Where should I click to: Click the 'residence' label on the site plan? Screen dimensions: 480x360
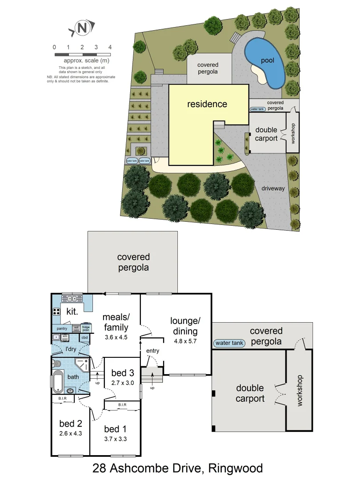pyautogui.click(x=207, y=104)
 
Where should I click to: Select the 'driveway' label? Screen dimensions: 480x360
pyautogui.click(x=273, y=188)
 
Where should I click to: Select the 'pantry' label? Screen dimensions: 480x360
pyautogui.click(x=62, y=328)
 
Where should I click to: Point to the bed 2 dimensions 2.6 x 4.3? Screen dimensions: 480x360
pyautogui.click(x=70, y=433)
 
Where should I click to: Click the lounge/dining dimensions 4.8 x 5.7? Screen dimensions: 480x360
pyautogui.click(x=185, y=341)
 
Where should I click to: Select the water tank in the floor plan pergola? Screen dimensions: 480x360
pyautogui.click(x=229, y=343)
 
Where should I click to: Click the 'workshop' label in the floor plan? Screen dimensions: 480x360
pyautogui.click(x=299, y=390)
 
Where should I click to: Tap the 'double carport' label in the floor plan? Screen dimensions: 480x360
pyautogui.click(x=250, y=393)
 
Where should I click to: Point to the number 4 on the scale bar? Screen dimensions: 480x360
pyautogui.click(x=110, y=47)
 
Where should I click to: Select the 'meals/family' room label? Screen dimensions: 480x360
pyautogui.click(x=116, y=322)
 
